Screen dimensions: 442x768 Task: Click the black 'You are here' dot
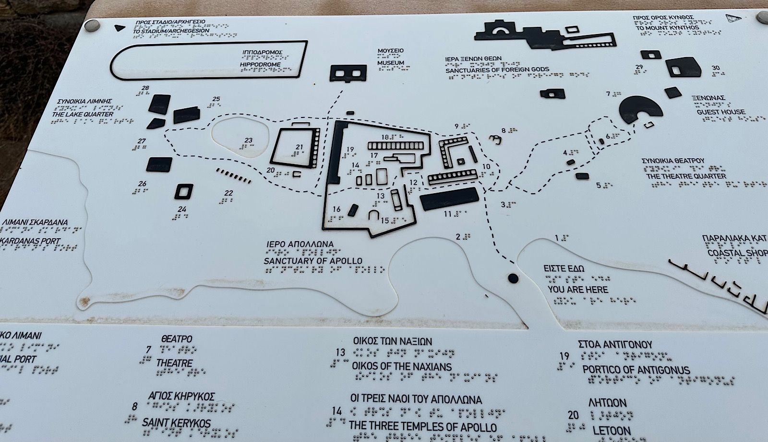coord(513,278)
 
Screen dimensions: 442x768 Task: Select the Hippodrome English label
coord(261,65)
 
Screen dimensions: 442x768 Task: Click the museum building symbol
coord(348,73)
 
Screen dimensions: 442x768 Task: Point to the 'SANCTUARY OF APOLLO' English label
coord(313,261)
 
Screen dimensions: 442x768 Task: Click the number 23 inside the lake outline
coord(248,140)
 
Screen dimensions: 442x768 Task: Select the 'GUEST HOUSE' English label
coord(721,112)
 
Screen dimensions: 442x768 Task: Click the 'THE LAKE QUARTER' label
coord(83,114)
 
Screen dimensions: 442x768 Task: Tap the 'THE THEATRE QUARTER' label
coord(686,176)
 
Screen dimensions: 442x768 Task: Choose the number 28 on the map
coord(145,88)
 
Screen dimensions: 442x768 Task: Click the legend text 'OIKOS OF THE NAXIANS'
coord(402,367)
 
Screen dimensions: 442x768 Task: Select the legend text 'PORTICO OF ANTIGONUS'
coord(636,370)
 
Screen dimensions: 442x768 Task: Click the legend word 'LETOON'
coord(612,430)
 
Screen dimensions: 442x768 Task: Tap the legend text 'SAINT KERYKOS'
coord(176,423)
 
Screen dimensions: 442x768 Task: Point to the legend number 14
coord(337,411)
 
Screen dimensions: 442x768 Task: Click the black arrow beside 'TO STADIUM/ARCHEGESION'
coord(116,28)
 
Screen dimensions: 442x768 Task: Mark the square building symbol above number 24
coord(183,192)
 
